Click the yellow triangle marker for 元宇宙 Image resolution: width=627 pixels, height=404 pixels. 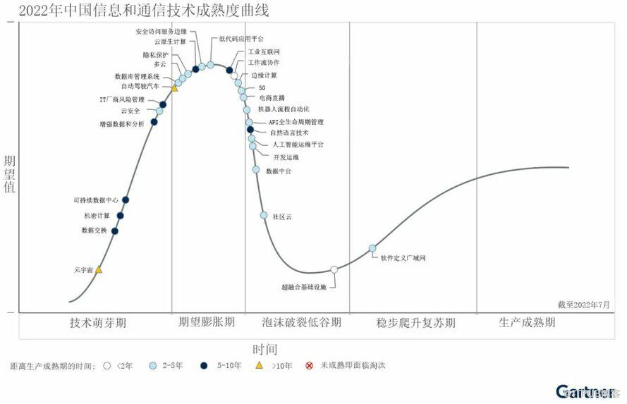pos(99,270)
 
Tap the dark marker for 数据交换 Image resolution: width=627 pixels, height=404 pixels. pos(115,231)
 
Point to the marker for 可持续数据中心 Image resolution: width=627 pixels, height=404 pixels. pos(126,200)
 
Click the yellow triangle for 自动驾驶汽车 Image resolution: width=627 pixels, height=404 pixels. pos(175,88)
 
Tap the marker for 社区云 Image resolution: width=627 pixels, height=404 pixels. pos(264,215)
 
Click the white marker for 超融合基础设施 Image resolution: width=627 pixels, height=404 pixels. pos(334,269)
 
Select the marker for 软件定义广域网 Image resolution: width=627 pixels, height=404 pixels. pos(372,248)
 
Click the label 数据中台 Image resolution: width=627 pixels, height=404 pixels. pos(279,171)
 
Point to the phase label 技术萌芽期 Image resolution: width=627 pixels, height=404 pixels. pos(98,323)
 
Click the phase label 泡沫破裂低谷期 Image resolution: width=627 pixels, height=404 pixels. pos(301,323)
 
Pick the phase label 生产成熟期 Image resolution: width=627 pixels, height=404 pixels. pos(527,323)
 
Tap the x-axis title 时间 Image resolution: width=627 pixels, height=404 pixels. pos(265,349)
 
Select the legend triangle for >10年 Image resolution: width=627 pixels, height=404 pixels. pos(259,365)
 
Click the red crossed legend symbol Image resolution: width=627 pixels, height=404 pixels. pos(308,365)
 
